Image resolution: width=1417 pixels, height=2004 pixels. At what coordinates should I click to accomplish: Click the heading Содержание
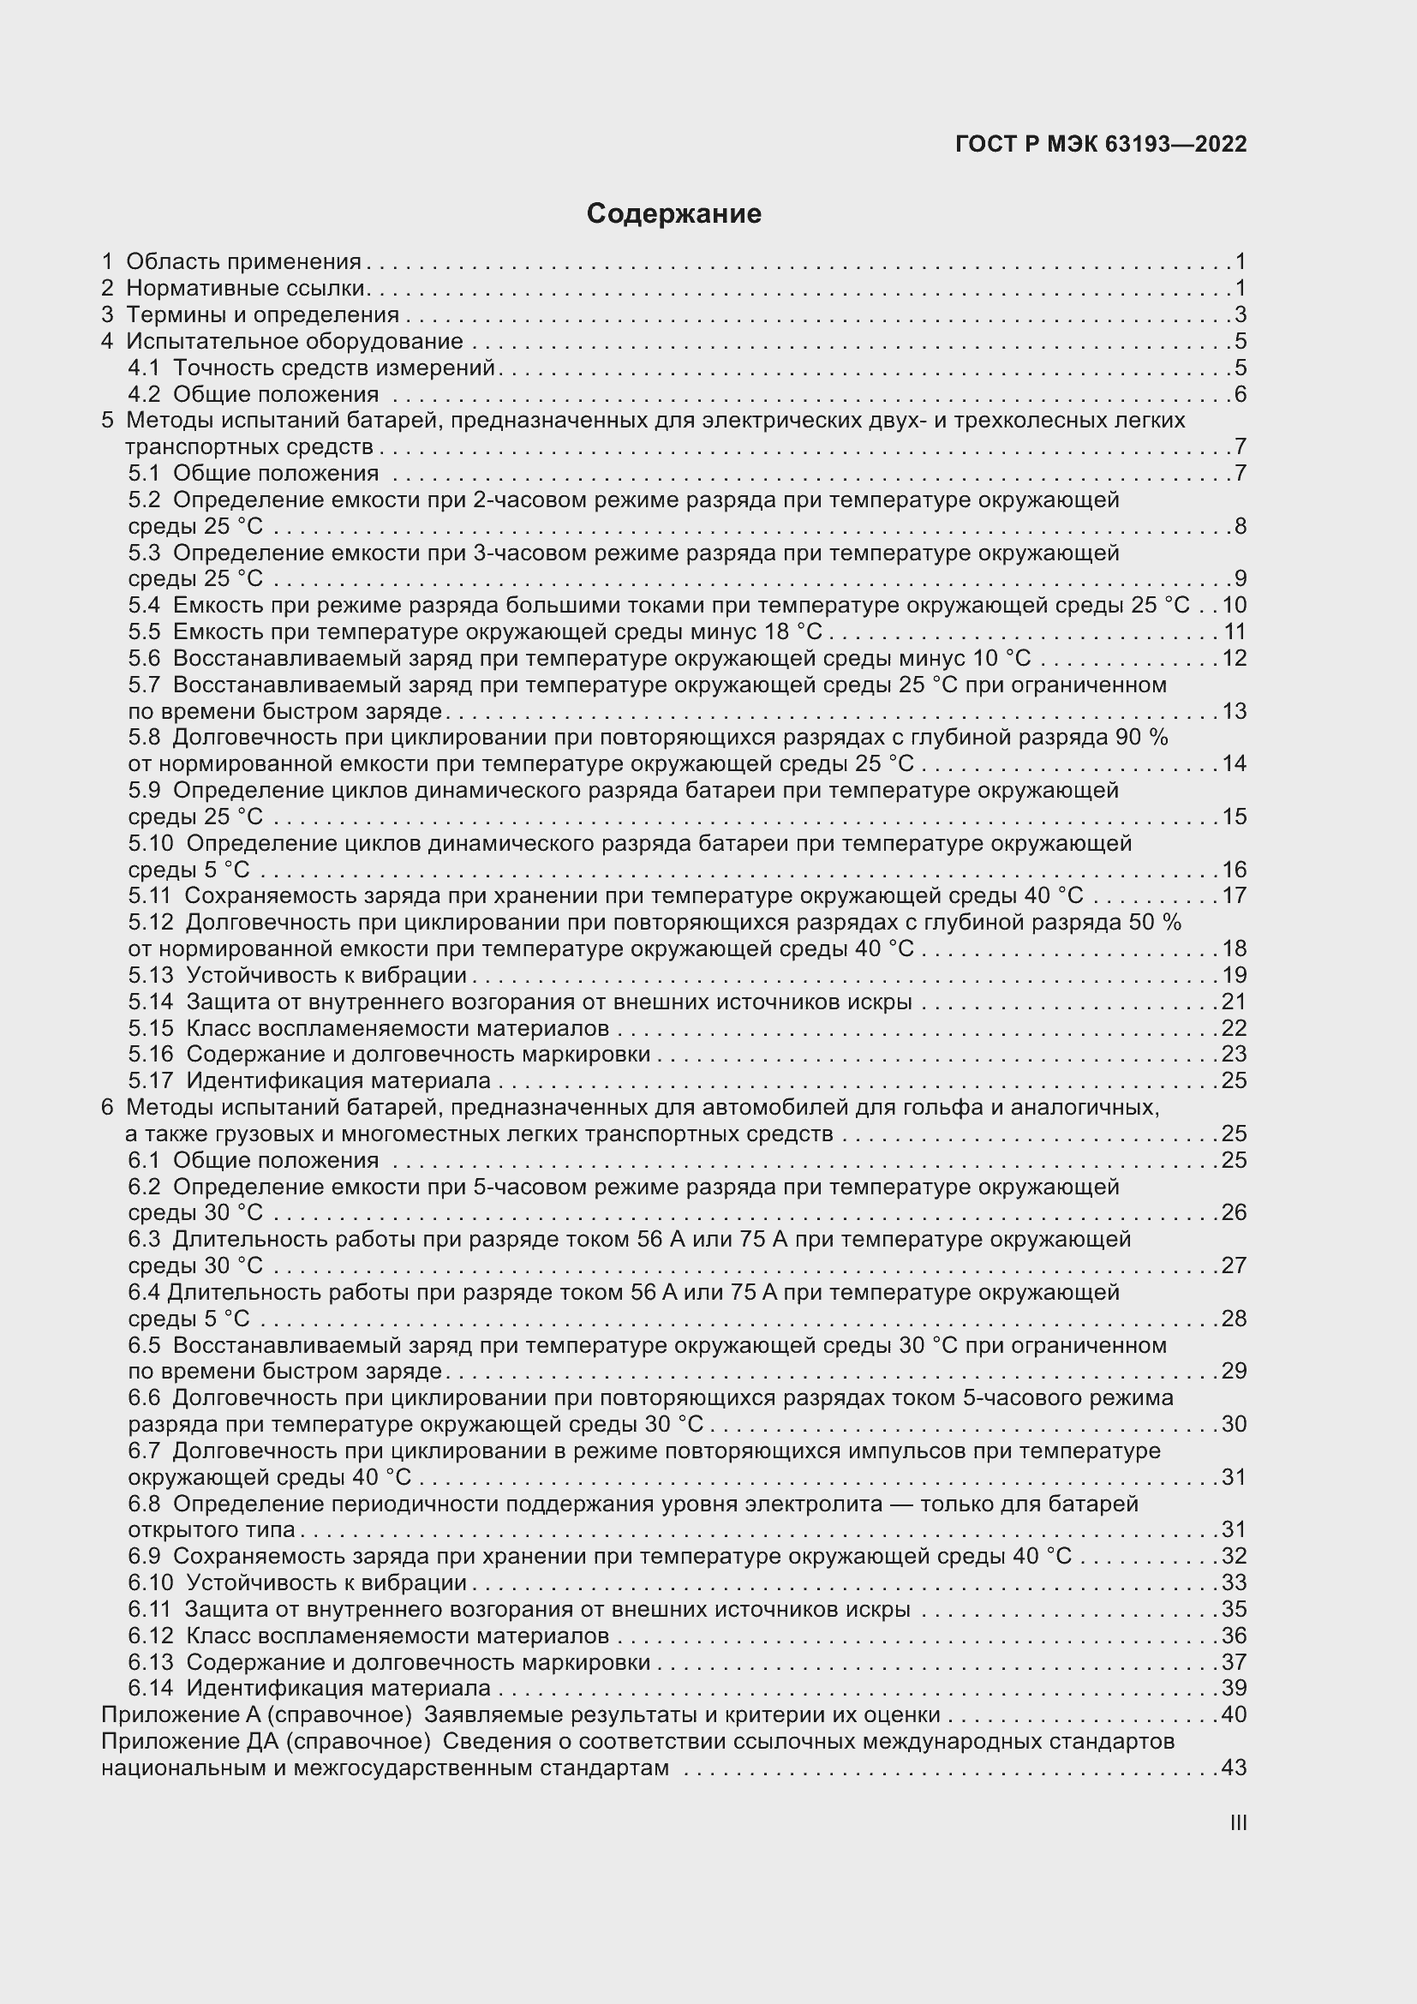point(673,214)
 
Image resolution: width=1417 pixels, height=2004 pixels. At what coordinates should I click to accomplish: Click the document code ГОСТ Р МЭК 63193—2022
point(1101,145)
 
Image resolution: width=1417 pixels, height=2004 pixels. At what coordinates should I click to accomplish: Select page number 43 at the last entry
point(1234,1768)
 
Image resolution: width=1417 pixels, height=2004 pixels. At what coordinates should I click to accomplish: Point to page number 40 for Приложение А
point(1234,1715)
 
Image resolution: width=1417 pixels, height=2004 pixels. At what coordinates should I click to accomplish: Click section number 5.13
point(150,975)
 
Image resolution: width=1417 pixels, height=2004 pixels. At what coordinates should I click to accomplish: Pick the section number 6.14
point(150,1688)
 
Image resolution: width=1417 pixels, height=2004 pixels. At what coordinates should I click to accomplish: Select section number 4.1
point(143,368)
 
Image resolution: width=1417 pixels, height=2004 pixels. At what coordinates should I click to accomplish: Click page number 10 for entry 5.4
point(1234,605)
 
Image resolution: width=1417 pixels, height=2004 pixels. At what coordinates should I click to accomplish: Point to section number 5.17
point(150,1080)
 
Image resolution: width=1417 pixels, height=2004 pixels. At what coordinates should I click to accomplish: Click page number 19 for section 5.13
point(1234,975)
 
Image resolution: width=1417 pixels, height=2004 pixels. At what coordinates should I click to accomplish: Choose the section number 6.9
point(144,1556)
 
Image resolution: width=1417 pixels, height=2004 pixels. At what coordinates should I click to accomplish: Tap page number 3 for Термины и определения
point(1241,315)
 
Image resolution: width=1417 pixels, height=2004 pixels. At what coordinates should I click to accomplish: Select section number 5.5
point(144,631)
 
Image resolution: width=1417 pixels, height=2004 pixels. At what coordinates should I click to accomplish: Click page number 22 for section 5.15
point(1234,1027)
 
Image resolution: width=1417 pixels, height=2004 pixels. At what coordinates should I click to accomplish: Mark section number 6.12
point(150,1636)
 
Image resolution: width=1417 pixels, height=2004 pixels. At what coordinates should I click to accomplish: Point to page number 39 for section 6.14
point(1234,1688)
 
